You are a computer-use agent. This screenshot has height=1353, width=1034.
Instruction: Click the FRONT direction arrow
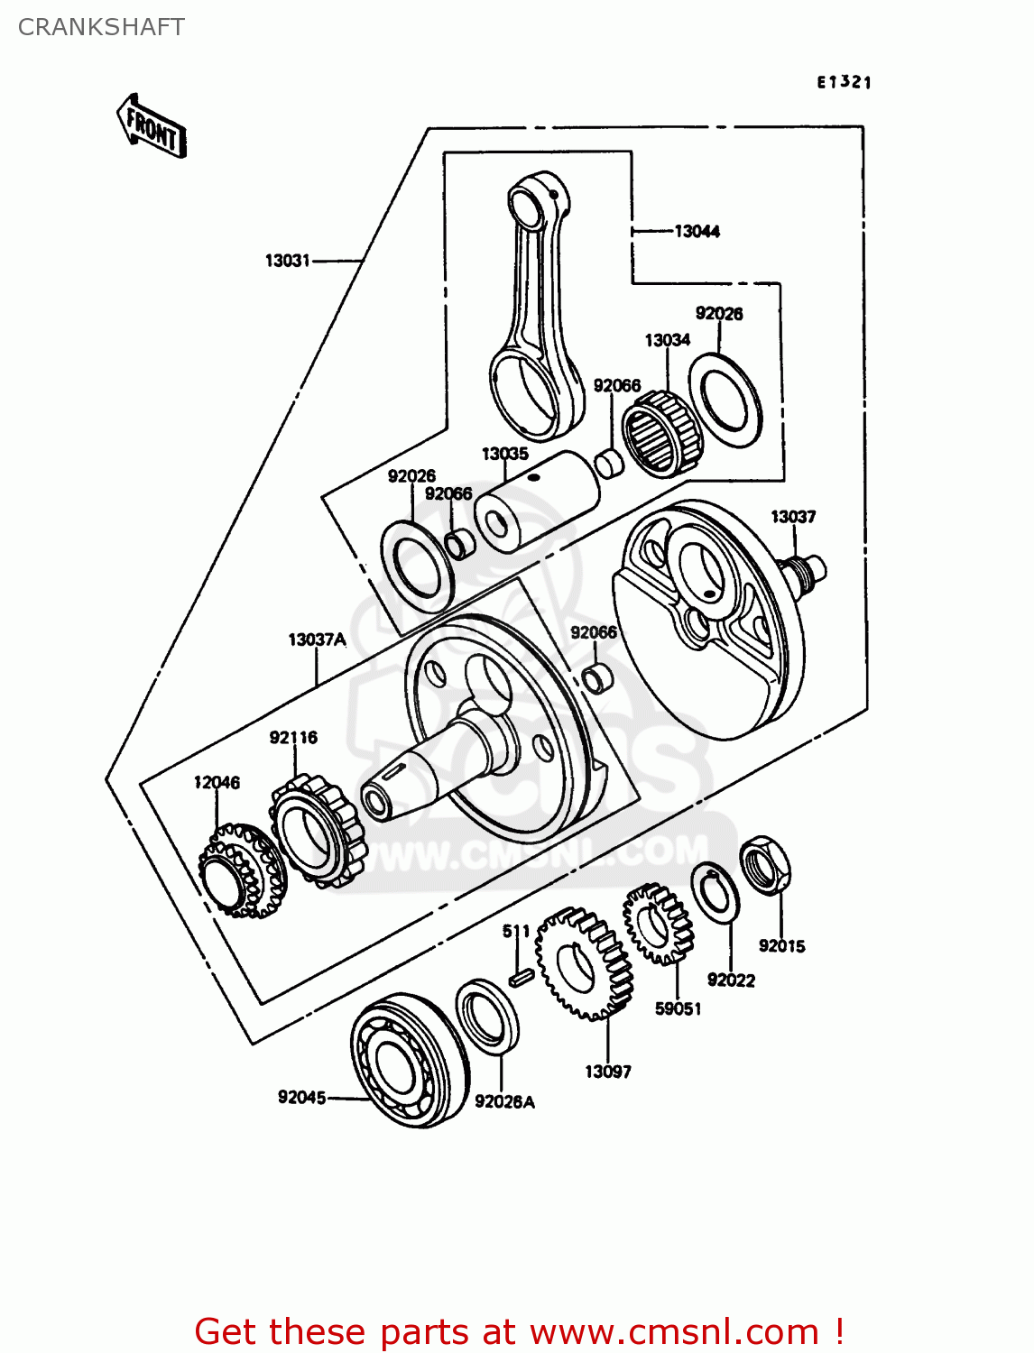coord(152,127)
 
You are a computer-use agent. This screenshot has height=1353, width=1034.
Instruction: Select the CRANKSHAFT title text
coord(101,27)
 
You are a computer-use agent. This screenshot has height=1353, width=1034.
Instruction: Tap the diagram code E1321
coord(844,82)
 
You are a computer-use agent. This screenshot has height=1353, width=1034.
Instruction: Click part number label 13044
coord(697,232)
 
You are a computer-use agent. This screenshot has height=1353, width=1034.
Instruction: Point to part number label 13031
coord(287,261)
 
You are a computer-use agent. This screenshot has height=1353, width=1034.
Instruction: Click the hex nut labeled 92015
coord(766,865)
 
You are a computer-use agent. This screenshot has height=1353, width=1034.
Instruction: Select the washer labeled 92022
coord(715,892)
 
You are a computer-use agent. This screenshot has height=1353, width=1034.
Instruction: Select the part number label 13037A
coord(317,640)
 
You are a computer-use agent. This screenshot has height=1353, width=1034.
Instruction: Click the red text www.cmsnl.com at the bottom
coord(673,1331)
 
